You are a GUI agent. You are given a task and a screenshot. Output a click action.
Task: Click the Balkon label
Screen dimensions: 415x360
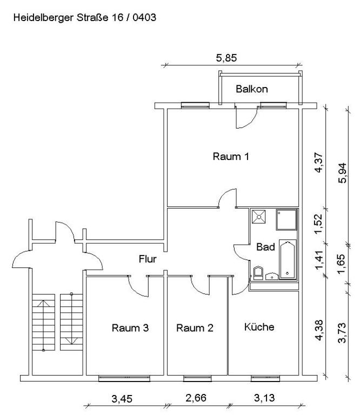coord(251,88)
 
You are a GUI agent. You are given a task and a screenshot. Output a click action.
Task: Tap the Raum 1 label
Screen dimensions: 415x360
coord(231,157)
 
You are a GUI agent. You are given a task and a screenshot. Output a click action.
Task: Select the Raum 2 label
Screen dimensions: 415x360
coord(195,327)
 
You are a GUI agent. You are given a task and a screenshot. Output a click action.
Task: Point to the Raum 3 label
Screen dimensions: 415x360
coord(130,327)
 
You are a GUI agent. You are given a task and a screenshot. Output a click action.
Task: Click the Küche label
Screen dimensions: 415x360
coord(259,327)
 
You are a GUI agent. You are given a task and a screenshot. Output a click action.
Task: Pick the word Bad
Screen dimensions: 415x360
coord(266,247)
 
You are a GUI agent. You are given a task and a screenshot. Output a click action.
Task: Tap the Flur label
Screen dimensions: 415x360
coord(148,259)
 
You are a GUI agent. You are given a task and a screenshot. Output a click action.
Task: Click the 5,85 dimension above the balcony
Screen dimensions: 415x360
coord(226,57)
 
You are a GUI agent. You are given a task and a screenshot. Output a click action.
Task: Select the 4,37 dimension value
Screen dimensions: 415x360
coord(319,162)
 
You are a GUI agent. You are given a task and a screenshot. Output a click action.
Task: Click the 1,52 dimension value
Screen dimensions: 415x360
coord(319,223)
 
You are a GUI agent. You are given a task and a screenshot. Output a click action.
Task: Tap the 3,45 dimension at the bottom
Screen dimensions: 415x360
coord(122,399)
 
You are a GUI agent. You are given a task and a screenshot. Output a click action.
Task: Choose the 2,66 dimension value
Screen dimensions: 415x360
coord(196,399)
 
